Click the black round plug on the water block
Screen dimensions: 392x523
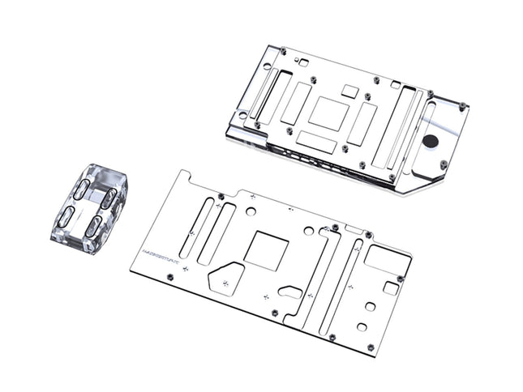431,141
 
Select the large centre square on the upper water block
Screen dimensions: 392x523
328,113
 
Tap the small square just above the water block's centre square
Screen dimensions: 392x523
349,91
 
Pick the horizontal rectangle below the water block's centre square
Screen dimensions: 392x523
316,142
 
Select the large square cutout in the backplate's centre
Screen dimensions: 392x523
265,250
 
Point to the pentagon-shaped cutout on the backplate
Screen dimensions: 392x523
226,280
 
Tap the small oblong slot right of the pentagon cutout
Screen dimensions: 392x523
291,291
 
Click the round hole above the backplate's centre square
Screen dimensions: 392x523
251,211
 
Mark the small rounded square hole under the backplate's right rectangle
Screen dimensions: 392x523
390,288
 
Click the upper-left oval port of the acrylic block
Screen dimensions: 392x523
82,189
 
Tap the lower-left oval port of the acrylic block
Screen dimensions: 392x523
68,216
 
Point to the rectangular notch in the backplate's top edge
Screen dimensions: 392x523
354,230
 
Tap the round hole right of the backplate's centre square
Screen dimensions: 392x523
308,231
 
